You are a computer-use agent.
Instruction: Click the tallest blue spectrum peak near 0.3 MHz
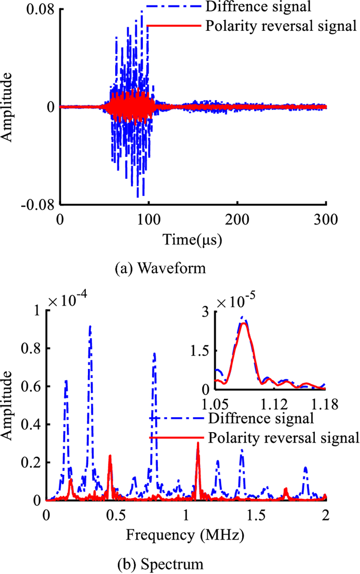click(x=91, y=326)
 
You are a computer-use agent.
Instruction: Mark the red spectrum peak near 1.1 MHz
click(x=198, y=443)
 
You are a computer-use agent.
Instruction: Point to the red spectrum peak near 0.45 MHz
click(x=110, y=456)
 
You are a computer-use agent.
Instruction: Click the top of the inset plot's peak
click(x=244, y=323)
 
